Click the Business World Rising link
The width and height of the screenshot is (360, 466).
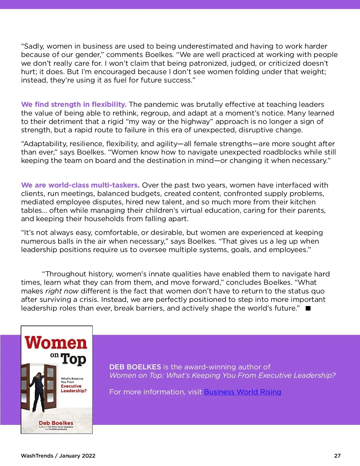(242, 392)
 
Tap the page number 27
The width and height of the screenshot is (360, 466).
(337, 455)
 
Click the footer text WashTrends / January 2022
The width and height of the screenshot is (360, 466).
(58, 455)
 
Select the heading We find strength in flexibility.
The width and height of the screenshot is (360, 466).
(73, 104)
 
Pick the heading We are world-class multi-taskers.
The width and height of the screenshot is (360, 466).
(80, 185)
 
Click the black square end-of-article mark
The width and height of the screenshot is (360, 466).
(308, 308)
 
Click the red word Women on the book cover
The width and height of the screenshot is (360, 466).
(56, 343)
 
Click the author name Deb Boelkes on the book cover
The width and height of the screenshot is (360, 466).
(56, 423)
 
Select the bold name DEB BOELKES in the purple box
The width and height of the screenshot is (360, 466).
(135, 367)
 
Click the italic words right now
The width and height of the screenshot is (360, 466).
(62, 291)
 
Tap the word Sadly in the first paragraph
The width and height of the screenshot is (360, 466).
(34, 46)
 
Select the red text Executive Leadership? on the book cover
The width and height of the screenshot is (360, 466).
(73, 388)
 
